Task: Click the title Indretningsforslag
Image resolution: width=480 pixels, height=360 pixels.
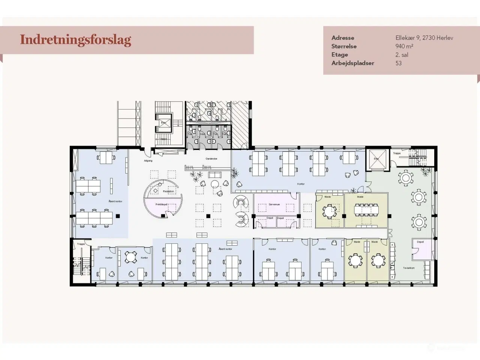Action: click(75, 40)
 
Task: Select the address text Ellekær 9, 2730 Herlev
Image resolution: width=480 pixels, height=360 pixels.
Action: click(424, 38)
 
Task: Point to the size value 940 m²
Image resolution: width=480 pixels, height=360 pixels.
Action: click(404, 46)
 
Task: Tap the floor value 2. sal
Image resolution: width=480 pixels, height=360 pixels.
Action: click(402, 55)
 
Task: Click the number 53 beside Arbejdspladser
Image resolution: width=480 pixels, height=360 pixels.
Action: click(399, 63)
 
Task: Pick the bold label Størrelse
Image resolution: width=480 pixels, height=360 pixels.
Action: click(344, 46)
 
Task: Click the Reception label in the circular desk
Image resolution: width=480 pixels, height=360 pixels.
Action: click(168, 191)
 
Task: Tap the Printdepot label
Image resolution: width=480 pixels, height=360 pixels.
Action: click(161, 204)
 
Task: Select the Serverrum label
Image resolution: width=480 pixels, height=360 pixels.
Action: click(274, 204)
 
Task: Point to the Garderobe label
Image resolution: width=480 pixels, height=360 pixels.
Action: click(211, 159)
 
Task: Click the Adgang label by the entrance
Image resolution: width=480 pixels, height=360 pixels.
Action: click(148, 161)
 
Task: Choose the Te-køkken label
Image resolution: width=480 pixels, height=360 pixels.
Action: click(408, 268)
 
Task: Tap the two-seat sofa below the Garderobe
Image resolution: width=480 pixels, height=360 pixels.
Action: click(215, 175)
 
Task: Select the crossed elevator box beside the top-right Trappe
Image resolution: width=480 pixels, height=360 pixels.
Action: click(376, 159)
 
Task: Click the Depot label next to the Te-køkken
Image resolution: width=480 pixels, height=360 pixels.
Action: click(420, 242)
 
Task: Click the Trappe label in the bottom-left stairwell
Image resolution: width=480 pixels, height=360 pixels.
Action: click(81, 244)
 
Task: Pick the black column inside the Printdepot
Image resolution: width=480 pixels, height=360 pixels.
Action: click(163, 216)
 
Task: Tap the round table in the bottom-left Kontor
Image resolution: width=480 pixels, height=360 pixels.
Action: click(130, 257)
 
